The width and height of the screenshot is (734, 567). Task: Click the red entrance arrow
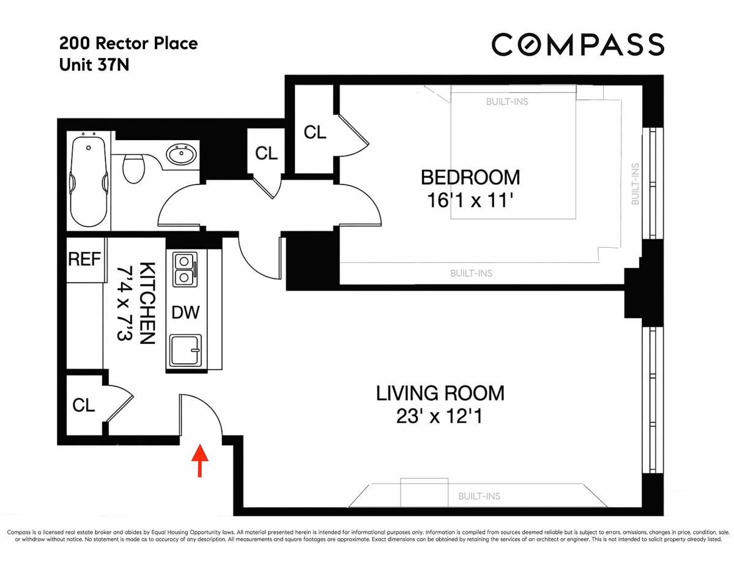point(199,461)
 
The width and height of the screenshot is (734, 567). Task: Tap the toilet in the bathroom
point(134,168)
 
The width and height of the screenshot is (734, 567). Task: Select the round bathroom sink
point(181,155)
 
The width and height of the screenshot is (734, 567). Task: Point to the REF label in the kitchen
point(84,259)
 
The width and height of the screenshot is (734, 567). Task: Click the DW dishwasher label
point(185,313)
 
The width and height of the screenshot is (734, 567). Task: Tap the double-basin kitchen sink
point(185,270)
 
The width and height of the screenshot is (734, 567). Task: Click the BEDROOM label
point(470,177)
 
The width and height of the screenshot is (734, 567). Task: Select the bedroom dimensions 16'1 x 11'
point(470,201)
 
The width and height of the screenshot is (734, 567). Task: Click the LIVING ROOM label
point(440,393)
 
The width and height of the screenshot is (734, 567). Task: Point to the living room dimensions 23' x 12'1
point(439,416)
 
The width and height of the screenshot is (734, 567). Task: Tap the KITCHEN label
point(147,303)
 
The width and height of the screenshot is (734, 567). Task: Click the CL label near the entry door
point(83,405)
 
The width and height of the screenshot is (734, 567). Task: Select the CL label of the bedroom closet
point(315,132)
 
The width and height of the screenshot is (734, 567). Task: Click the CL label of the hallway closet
point(266,154)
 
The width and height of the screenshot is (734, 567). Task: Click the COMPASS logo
point(578,44)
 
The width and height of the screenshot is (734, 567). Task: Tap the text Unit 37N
point(94,65)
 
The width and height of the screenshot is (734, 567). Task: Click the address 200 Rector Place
point(128,43)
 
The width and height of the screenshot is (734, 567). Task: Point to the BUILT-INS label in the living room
point(479,496)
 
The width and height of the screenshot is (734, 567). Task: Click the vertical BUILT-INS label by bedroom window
point(635,184)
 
